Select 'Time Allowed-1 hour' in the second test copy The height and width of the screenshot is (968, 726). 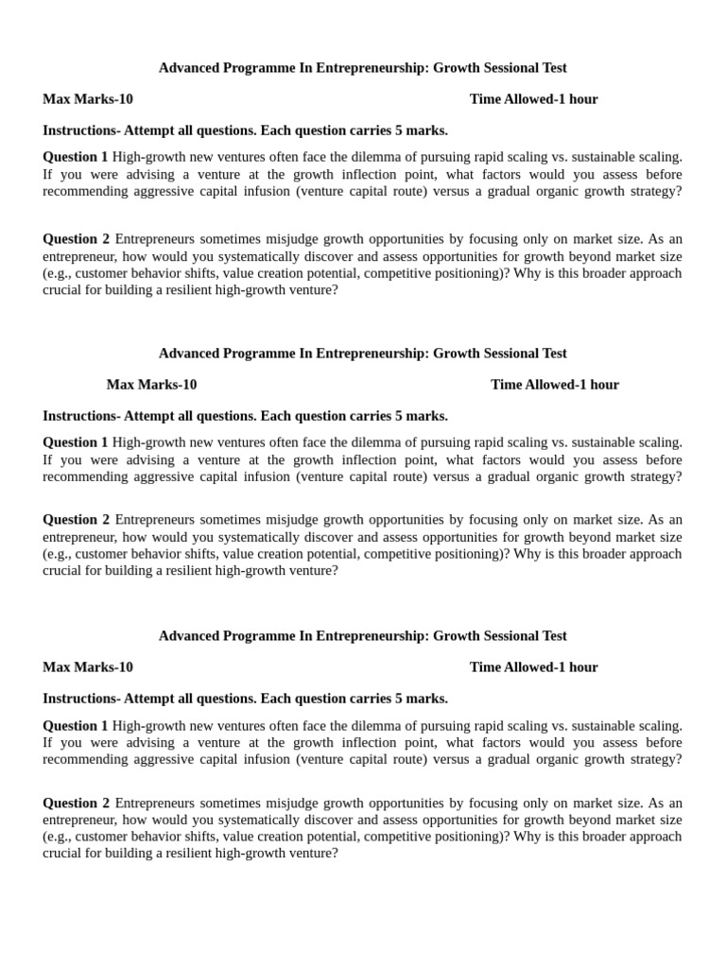pyautogui.click(x=555, y=385)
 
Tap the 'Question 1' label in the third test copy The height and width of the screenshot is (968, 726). pyautogui.click(x=76, y=726)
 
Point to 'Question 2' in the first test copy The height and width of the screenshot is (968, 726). pyautogui.click(x=76, y=239)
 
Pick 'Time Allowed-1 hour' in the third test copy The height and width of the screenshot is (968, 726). pyautogui.click(x=533, y=667)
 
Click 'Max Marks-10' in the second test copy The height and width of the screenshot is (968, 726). pyautogui.click(x=151, y=385)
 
